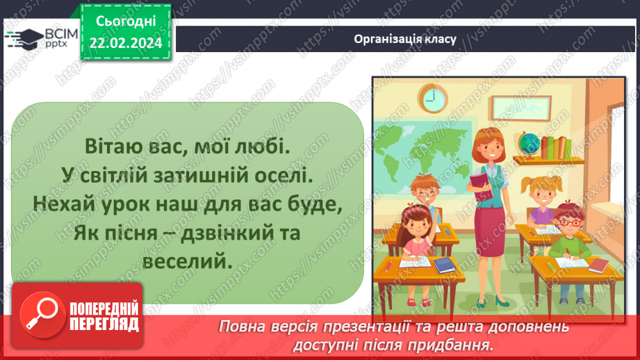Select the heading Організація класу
click(404, 39)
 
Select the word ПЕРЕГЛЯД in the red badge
click(104, 324)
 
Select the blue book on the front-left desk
click(443, 265)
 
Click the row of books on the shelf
click(556, 147)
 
